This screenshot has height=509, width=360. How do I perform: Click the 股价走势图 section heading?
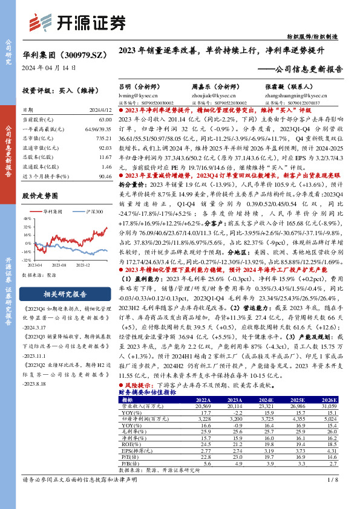[40, 196]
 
